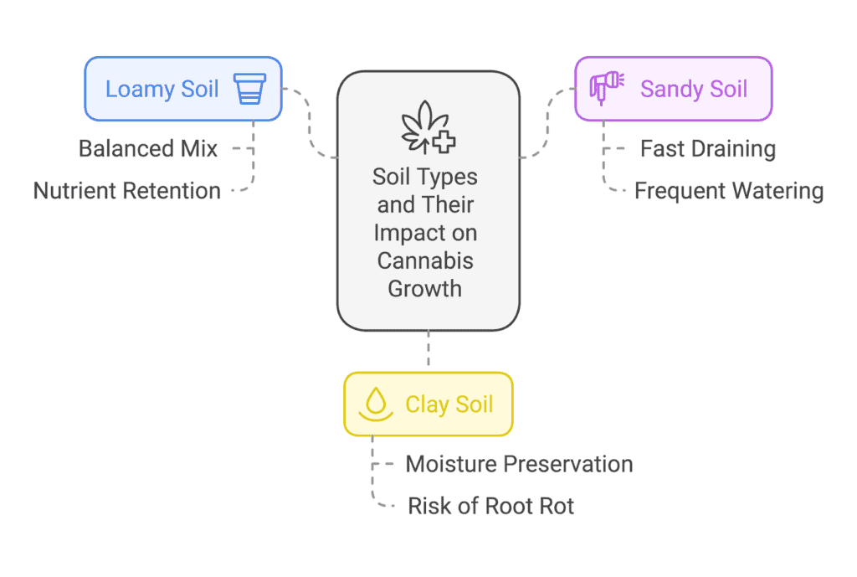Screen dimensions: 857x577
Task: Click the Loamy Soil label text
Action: coord(162,89)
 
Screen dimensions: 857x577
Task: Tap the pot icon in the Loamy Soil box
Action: coord(249,89)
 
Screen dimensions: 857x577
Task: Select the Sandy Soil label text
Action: coord(694,89)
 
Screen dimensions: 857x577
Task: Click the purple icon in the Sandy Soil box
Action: coord(607,87)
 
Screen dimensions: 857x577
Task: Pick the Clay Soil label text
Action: coord(449,404)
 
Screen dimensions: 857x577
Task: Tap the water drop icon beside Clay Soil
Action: coord(376,404)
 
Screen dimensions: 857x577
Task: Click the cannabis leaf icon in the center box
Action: coord(428,127)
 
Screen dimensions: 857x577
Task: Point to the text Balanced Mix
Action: coord(148,149)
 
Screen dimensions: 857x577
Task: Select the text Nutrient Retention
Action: coord(127,191)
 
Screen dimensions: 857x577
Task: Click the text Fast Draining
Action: coord(708,149)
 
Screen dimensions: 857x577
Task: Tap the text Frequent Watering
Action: coord(729,191)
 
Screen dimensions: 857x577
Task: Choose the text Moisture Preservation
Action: coord(519,464)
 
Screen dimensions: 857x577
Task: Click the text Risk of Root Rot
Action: coord(490,506)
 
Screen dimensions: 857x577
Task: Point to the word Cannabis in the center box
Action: coord(425,261)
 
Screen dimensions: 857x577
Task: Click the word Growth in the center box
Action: coord(425,289)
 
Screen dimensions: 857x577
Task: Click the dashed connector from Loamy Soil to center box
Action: coord(310,122)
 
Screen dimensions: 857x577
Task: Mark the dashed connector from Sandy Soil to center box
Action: coord(547,122)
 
